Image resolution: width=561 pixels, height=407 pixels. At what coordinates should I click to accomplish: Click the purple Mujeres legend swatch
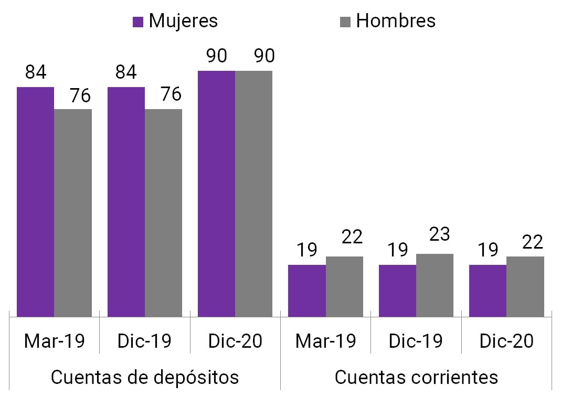(139, 22)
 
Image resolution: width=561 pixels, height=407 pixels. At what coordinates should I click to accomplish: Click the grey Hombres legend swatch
(345, 22)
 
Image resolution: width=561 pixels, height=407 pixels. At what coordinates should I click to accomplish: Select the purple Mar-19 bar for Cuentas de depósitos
(36, 201)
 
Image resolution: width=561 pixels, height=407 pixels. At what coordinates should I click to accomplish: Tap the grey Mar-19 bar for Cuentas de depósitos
(73, 212)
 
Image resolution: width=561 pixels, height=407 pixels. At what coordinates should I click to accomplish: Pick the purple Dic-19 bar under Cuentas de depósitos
(126, 201)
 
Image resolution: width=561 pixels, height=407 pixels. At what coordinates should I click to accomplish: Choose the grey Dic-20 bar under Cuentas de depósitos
(253, 194)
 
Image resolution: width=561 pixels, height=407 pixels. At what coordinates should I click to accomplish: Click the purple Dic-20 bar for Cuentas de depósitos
(216, 194)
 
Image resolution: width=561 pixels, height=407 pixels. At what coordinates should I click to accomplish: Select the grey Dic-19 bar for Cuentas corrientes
(435, 285)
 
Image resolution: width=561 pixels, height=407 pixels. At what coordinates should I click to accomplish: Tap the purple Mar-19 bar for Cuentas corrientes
(307, 291)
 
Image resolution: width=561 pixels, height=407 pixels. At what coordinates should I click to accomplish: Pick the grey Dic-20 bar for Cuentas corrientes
(525, 286)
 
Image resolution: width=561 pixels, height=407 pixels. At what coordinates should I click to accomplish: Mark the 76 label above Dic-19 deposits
(171, 94)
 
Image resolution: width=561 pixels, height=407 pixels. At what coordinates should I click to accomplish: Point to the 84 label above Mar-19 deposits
(36, 72)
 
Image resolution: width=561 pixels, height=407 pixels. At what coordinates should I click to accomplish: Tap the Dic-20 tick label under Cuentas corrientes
(506, 341)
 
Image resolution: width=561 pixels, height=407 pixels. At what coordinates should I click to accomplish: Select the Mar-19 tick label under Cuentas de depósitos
(55, 341)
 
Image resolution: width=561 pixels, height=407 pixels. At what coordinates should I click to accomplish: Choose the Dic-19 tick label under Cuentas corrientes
(416, 341)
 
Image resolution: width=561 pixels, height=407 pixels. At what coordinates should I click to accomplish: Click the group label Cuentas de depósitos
(144, 377)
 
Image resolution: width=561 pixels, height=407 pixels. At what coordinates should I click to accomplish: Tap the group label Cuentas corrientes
(416, 377)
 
